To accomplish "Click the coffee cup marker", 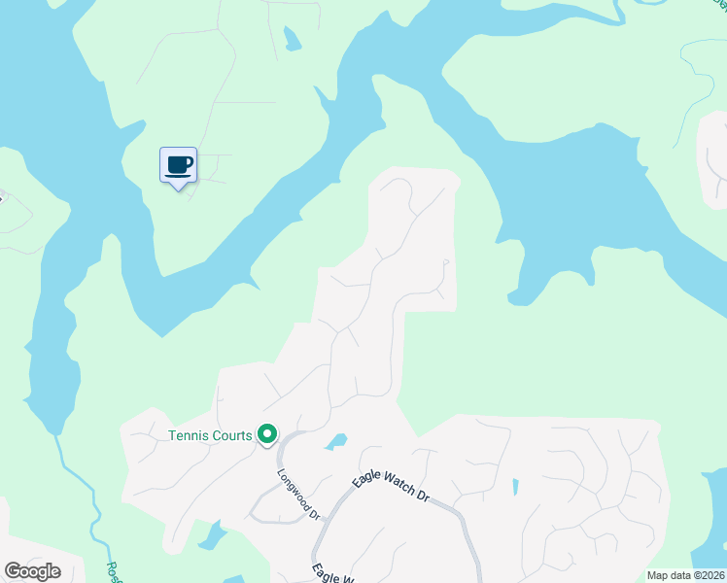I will [178, 164].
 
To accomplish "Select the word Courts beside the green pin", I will [229, 435].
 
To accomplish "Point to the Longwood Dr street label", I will [297, 494].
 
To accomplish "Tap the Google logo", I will [32, 571].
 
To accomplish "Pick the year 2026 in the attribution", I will [710, 575].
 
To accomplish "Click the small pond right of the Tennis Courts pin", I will [336, 442].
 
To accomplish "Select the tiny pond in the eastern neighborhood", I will [514, 487].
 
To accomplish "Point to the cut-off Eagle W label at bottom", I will [330, 574].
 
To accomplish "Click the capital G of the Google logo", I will [13, 571].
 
